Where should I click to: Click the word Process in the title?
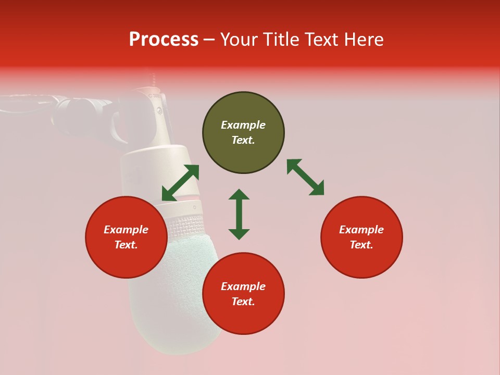click(x=164, y=39)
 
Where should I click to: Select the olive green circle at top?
click(x=243, y=133)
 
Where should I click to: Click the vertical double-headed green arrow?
click(x=239, y=214)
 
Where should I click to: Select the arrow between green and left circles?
click(x=180, y=182)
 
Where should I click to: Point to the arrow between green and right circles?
click(x=305, y=177)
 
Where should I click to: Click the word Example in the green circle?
click(x=243, y=125)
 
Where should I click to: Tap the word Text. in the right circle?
click(x=361, y=245)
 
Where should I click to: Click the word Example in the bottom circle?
click(x=243, y=286)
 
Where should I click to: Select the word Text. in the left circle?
click(x=126, y=245)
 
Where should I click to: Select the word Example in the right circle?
click(x=361, y=230)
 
